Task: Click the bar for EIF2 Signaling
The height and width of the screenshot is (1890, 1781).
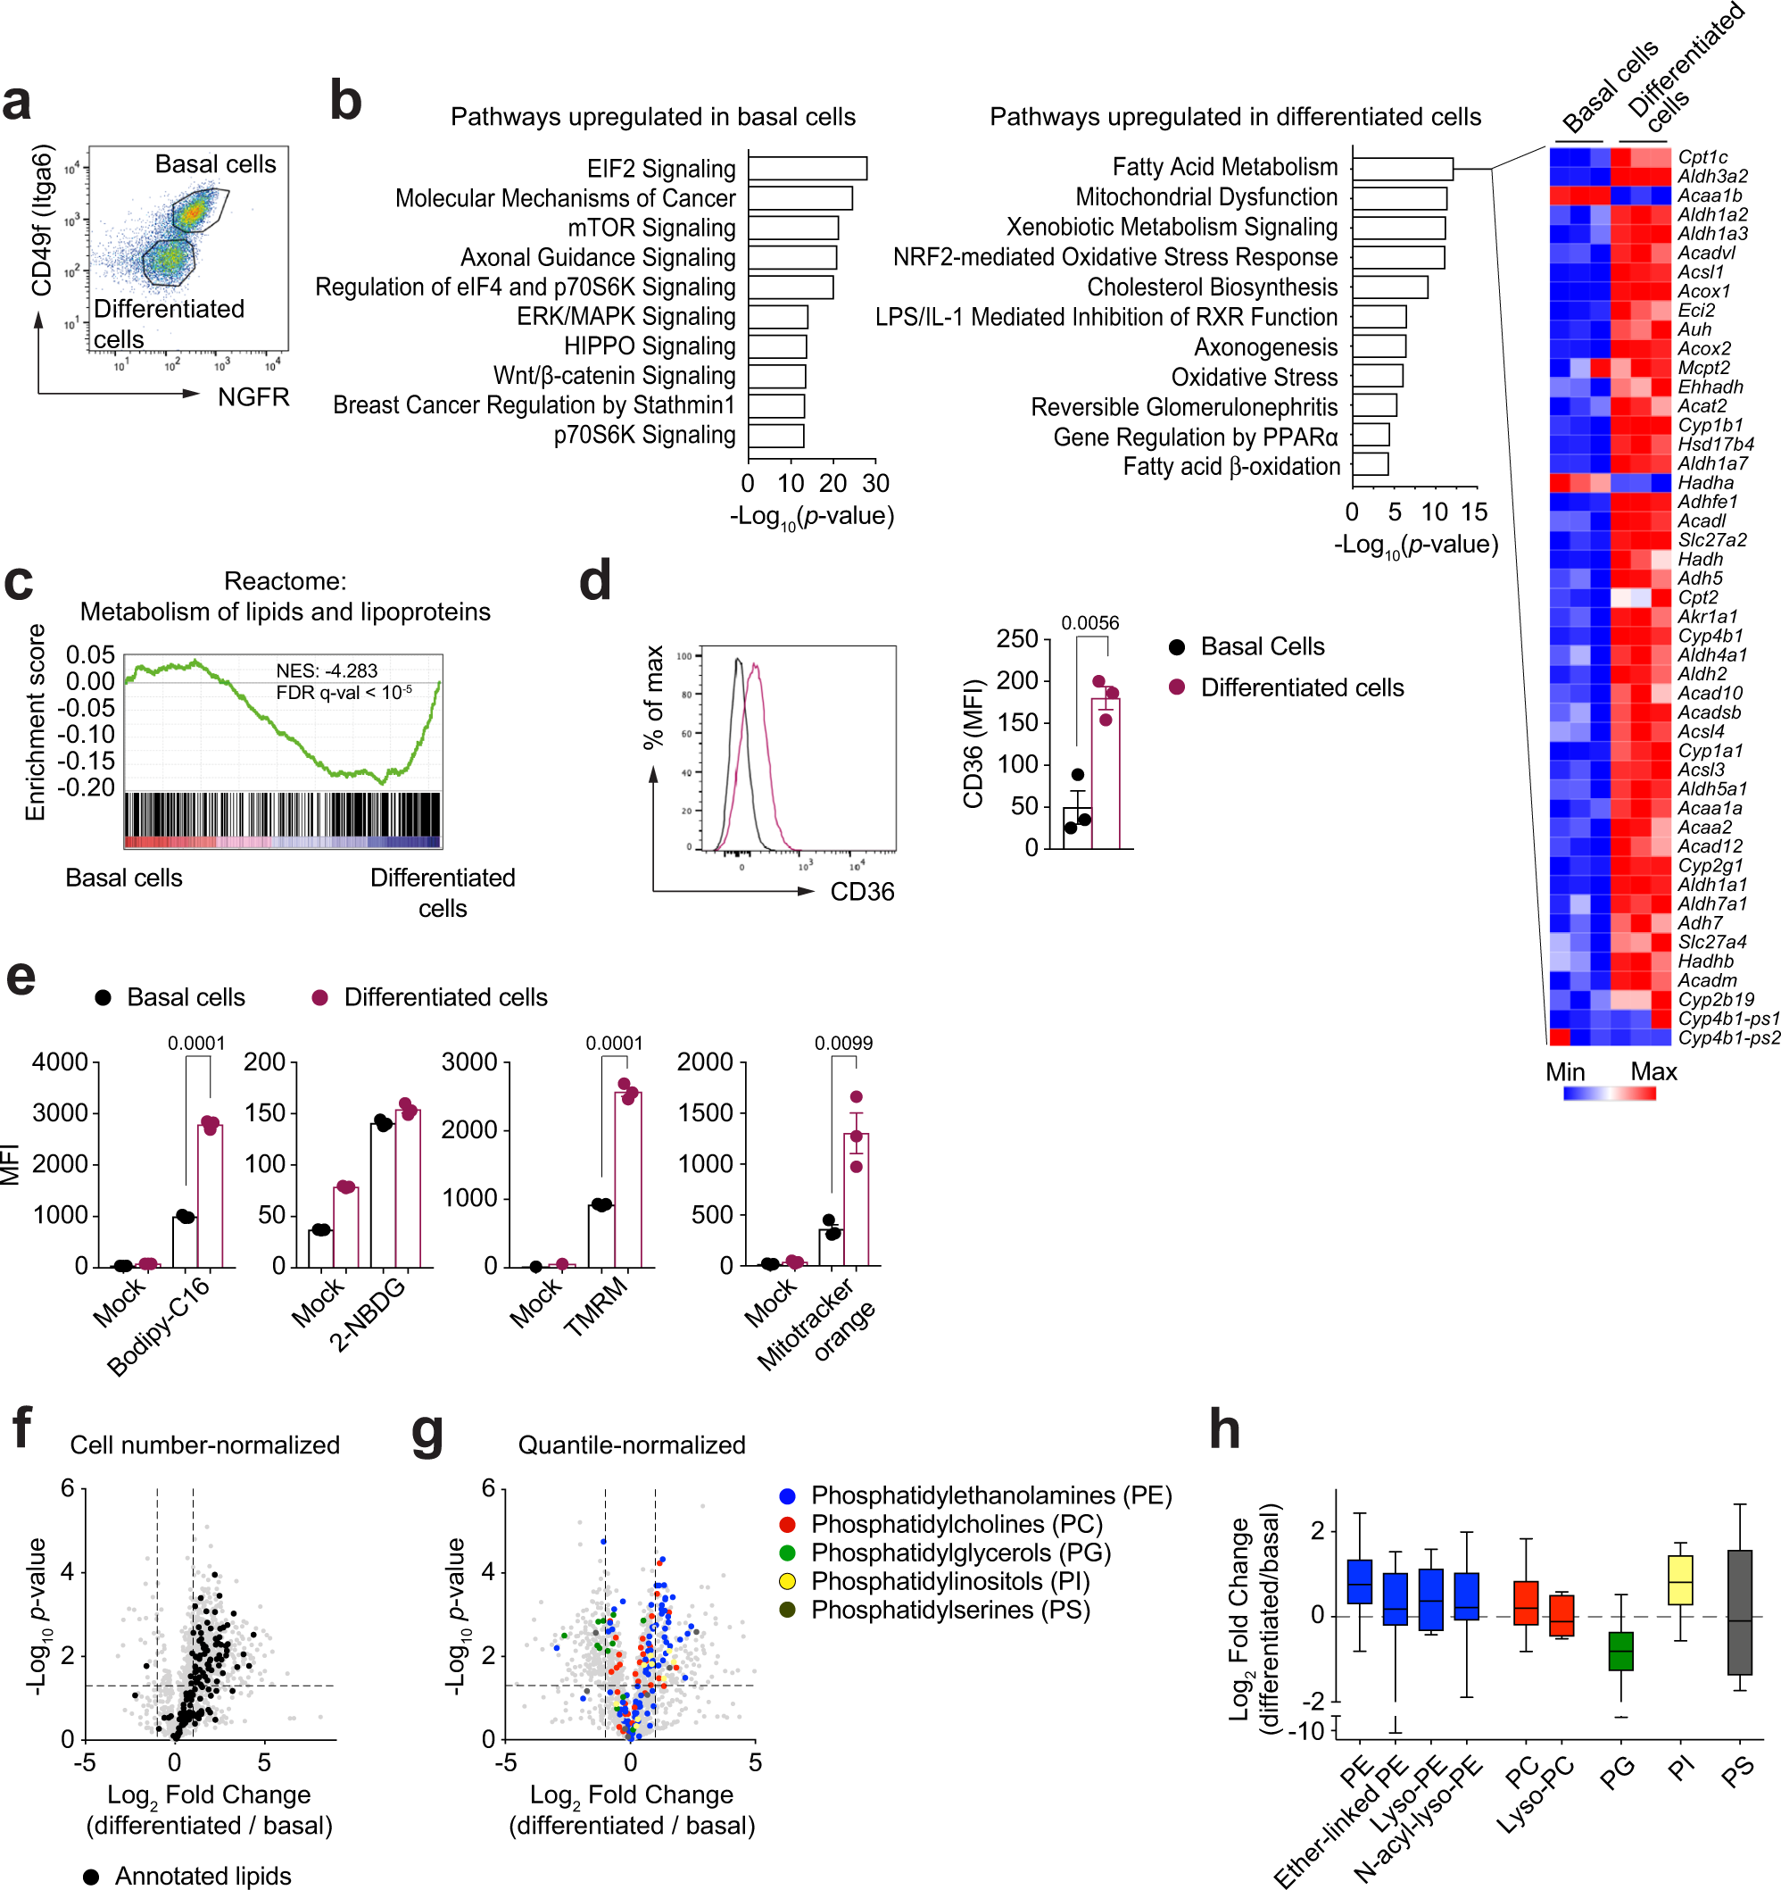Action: click(807, 168)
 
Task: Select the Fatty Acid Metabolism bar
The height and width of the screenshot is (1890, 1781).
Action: click(1402, 168)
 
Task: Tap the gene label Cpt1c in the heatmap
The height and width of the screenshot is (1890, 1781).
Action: click(1702, 157)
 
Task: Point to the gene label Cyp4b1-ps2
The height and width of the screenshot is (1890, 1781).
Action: click(1728, 1037)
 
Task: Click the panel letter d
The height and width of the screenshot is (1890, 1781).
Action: click(595, 581)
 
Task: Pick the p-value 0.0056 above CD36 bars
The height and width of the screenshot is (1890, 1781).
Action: click(1089, 623)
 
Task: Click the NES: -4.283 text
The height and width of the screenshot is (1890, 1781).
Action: click(326, 670)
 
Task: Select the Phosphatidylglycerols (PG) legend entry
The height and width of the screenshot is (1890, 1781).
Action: click(960, 1553)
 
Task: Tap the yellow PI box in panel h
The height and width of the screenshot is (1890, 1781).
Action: click(1679, 1580)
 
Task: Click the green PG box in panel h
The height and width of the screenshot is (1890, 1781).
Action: click(1620, 1651)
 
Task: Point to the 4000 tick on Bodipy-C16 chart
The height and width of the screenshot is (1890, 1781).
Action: click(60, 1062)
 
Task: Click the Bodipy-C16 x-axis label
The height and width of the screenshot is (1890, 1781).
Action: click(158, 1328)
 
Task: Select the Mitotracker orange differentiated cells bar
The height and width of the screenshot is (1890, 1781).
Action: click(856, 1199)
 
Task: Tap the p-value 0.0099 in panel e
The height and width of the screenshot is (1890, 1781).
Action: click(843, 1043)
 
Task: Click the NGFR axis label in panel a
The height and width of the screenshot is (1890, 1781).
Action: click(253, 396)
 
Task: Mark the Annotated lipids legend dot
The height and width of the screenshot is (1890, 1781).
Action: click(91, 1876)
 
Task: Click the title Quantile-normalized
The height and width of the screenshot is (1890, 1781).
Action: click(631, 1445)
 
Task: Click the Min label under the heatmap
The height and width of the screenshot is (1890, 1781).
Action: click(1564, 1071)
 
